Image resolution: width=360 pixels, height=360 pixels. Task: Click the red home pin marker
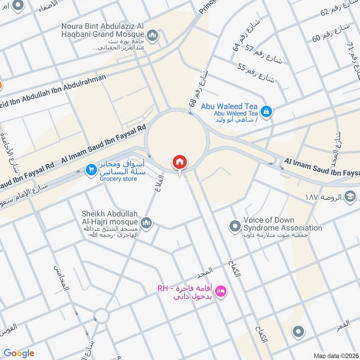[180, 162]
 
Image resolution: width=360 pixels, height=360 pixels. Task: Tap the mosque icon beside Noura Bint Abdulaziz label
[153, 35]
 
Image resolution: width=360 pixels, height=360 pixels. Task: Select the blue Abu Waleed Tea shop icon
[266, 110]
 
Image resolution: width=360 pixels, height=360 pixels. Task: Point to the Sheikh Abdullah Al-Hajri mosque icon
[146, 222]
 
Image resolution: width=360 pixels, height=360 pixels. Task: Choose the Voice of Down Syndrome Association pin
[234, 225]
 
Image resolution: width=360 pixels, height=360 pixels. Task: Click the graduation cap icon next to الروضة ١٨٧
[350, 196]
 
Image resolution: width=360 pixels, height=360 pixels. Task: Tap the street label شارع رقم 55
[256, 72]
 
